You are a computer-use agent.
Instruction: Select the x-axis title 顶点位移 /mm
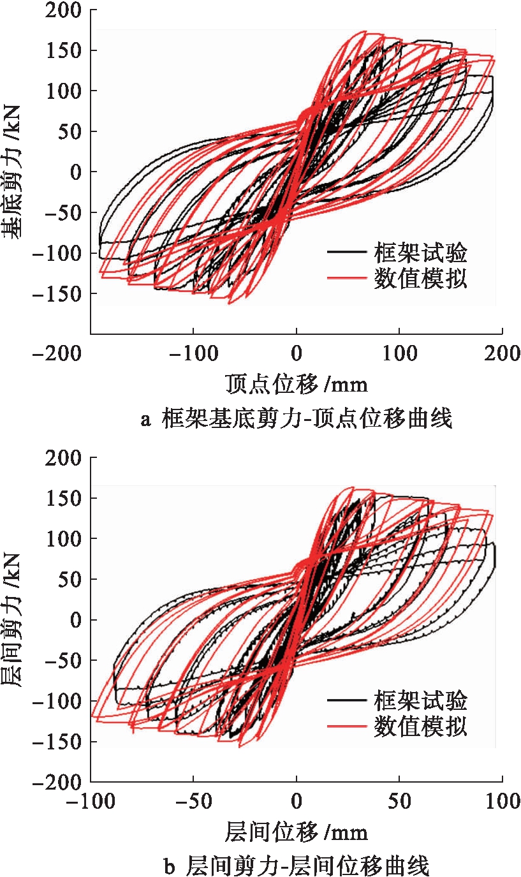point(297,385)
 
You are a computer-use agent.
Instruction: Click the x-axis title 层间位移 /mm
point(297,832)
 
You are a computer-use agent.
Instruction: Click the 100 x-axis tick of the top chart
point(399,353)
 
